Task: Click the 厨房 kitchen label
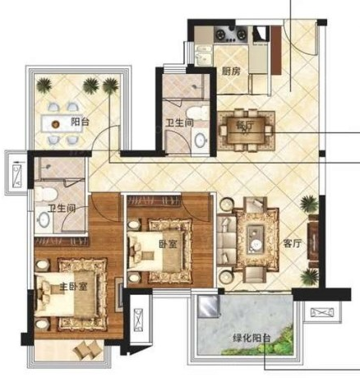(232, 71)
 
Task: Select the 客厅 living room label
(293, 243)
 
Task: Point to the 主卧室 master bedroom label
(73, 287)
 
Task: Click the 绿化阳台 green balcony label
(252, 338)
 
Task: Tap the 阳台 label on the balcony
(80, 122)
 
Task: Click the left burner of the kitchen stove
(220, 35)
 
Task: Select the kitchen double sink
(203, 55)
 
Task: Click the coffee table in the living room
(256, 239)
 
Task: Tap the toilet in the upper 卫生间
(197, 113)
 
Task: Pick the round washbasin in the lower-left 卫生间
(44, 219)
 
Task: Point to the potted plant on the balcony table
(56, 125)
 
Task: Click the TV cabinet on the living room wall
(313, 241)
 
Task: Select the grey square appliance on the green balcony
(209, 307)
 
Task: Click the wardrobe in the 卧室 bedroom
(154, 201)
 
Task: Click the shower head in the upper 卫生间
(196, 86)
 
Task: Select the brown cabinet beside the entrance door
(276, 50)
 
